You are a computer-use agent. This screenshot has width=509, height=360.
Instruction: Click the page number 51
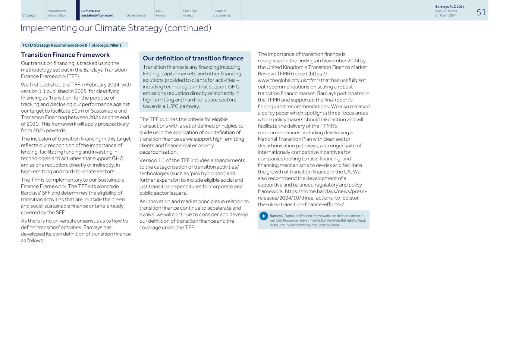[481, 13]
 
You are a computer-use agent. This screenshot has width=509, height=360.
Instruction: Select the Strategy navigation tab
[29, 15]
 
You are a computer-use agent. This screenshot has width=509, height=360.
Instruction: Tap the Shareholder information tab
[57, 13]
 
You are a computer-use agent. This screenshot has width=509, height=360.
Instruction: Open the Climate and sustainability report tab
[97, 13]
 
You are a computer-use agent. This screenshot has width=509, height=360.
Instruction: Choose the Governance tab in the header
[136, 15]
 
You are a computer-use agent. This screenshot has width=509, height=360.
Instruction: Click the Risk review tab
[161, 13]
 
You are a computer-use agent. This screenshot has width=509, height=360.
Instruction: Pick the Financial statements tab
[221, 13]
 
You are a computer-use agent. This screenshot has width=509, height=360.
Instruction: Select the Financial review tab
[189, 13]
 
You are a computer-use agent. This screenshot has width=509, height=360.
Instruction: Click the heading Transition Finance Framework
[65, 55]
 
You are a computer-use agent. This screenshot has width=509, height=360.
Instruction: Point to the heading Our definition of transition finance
[193, 58]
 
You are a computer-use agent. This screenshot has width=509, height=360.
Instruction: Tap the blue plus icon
[264, 216]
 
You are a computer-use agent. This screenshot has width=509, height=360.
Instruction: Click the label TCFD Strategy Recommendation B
[54, 45]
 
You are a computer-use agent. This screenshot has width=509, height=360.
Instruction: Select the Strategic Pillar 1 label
[106, 45]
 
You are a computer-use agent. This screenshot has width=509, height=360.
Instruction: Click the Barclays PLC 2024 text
[450, 7]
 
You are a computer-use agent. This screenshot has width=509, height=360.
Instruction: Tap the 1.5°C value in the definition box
[172, 106]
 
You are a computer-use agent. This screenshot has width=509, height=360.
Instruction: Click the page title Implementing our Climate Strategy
[116, 28]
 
